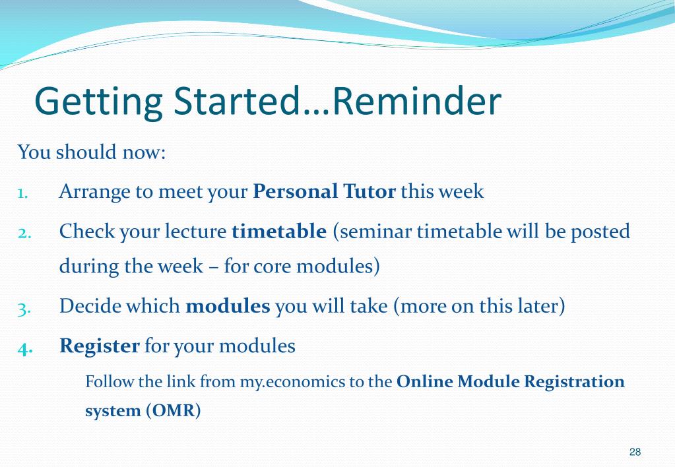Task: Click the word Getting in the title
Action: [x=98, y=102]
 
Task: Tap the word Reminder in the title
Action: [x=417, y=100]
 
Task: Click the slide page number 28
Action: [x=635, y=452]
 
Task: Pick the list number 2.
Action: [x=24, y=233]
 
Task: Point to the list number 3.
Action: [x=24, y=309]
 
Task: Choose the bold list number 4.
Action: [x=25, y=348]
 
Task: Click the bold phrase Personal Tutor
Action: [x=324, y=191]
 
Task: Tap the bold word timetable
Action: [x=279, y=231]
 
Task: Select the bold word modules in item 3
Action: [x=228, y=306]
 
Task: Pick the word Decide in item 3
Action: [x=89, y=306]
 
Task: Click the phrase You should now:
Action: [x=92, y=152]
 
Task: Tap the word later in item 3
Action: [x=542, y=306]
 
